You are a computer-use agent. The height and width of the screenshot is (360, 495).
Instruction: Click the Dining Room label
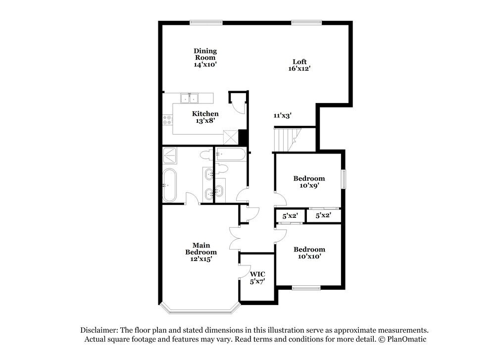[x=205, y=54]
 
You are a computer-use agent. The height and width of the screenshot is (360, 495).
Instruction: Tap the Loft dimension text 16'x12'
[x=299, y=68]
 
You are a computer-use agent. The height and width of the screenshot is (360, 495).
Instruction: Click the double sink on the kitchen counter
[x=189, y=98]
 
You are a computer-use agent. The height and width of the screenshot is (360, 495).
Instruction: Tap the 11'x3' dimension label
[x=282, y=115]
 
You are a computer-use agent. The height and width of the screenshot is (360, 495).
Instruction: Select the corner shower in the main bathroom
[x=171, y=155]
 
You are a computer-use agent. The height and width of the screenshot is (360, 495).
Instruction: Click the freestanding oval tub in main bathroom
[x=169, y=185]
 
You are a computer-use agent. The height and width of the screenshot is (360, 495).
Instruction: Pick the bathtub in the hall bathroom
[x=230, y=155]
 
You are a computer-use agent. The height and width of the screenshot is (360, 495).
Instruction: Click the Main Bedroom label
[x=201, y=252]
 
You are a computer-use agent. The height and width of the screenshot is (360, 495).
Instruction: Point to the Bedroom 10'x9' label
[x=309, y=182]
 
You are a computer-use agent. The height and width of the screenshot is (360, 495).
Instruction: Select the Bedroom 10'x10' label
[x=309, y=253]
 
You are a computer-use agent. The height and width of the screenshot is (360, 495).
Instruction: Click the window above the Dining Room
[x=206, y=22]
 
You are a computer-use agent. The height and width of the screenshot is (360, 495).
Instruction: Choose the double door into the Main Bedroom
[x=234, y=238]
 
